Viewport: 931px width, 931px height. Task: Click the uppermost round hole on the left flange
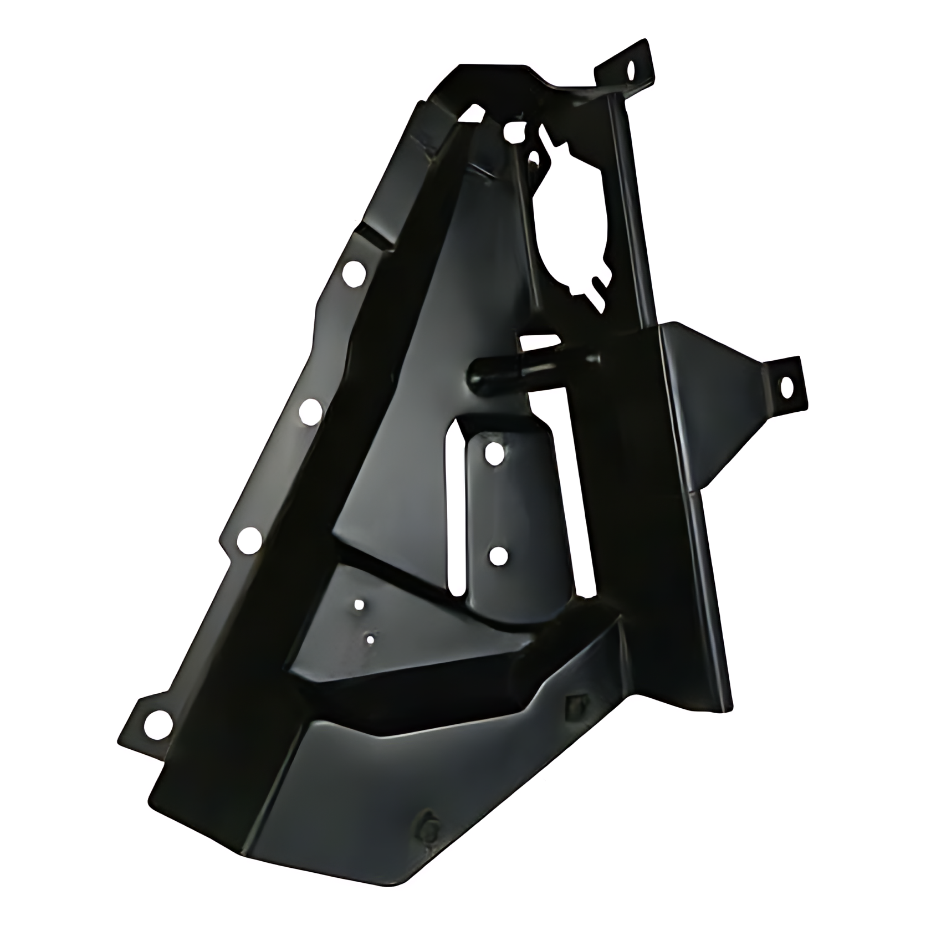pos(353,272)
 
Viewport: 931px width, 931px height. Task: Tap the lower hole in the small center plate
pos(498,554)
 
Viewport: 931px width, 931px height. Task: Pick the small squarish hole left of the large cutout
pos(515,131)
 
